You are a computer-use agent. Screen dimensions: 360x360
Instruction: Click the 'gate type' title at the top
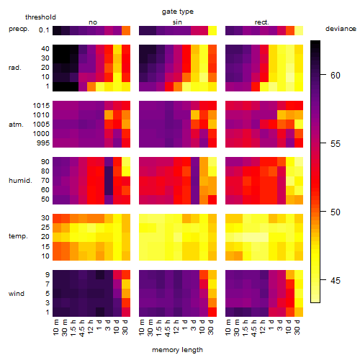point(178,12)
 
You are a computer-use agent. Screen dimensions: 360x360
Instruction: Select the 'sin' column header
point(177,22)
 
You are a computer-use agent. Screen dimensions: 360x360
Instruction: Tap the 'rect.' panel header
point(261,22)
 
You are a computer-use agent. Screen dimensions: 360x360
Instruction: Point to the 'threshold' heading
point(40,17)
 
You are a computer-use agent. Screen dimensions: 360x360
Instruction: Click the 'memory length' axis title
point(177,350)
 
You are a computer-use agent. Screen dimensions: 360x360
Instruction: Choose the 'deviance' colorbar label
point(341,29)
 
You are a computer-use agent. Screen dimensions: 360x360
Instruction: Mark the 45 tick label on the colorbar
point(336,280)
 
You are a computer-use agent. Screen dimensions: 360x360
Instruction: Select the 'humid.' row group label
point(20,181)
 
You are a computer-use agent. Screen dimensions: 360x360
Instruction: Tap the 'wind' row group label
point(17,294)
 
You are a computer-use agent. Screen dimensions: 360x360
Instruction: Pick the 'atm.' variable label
point(16,125)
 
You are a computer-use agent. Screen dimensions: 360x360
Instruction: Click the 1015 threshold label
point(41,106)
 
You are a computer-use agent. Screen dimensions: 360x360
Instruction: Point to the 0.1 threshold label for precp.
point(44,30)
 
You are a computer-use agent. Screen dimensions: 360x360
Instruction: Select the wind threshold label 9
point(48,274)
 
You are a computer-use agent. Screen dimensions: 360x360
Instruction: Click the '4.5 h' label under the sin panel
point(168,328)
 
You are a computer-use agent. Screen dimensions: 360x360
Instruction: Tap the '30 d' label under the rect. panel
point(297,327)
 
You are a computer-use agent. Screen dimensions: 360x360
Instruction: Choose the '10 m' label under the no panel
point(56,328)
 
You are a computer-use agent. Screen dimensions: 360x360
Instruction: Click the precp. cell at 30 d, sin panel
point(212,30)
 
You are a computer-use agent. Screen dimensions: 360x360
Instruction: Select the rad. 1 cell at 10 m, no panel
point(57,86)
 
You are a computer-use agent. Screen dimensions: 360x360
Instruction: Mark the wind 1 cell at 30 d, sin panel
point(212,312)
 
